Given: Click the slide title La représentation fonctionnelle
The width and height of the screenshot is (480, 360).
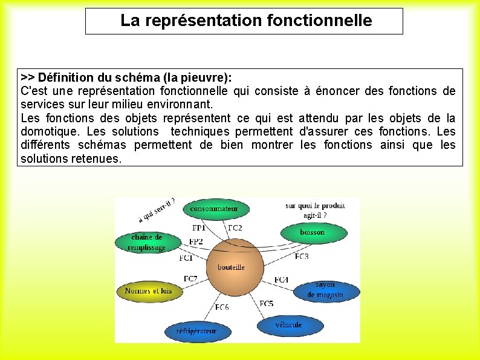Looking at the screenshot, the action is click(245, 21).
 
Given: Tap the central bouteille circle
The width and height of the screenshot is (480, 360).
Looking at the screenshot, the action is click(232, 266).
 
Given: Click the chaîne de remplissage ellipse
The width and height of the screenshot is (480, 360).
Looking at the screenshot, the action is click(147, 242).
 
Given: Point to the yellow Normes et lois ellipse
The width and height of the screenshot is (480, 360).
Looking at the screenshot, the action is click(149, 291).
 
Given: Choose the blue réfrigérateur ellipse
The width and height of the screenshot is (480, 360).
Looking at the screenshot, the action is click(196, 331).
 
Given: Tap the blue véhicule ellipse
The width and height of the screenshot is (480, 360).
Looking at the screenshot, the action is click(288, 325).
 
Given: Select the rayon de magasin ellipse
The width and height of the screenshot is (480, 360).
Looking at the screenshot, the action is click(325, 290).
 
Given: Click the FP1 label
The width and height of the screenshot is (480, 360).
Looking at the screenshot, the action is click(199, 228).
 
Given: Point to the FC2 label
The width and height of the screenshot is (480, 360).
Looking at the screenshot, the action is click(235, 228).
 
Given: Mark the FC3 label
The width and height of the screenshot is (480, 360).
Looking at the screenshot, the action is click(301, 257).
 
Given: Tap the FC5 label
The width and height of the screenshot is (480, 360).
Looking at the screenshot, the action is click(267, 304).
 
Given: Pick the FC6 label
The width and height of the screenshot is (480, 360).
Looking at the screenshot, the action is click(222, 307).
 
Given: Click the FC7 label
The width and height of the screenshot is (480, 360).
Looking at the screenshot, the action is click(190, 279).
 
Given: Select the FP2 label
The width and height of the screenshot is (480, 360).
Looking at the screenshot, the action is click(196, 241).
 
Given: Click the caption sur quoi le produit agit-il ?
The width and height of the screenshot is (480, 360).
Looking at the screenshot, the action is click(315, 210).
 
